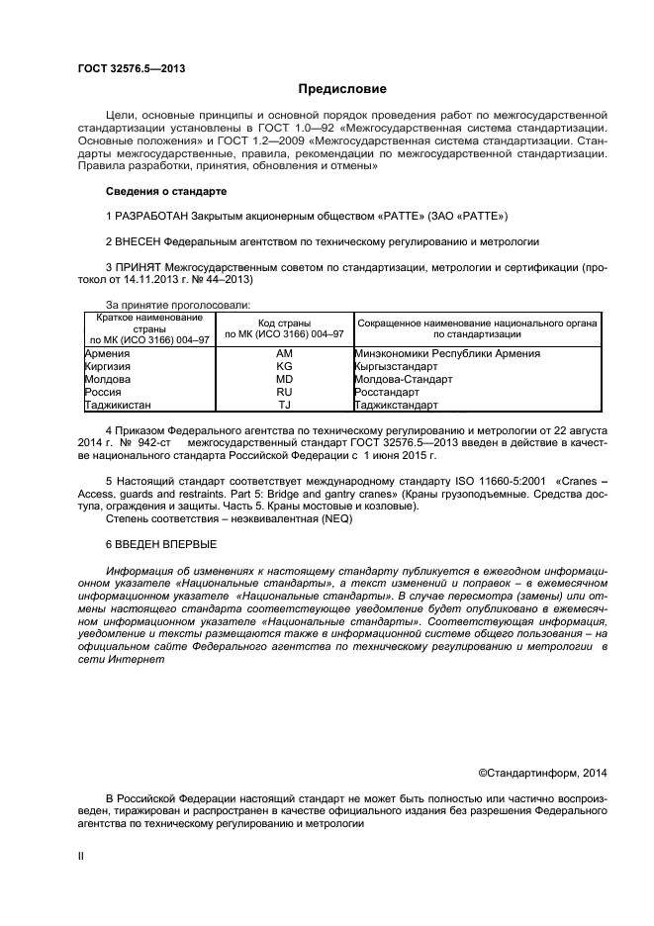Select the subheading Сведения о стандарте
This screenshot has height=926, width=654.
point(166,190)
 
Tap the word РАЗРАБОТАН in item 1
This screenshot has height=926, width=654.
point(152,216)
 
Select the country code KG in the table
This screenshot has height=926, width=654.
point(284,366)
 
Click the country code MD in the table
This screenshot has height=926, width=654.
point(284,379)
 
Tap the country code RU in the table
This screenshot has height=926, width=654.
point(284,392)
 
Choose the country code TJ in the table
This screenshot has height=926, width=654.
point(284,405)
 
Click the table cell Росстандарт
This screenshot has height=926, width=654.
point(387,392)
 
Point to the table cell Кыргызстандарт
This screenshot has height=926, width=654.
point(394,366)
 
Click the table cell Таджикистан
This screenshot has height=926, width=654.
point(118,405)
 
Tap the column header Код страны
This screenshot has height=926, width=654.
point(284,324)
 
